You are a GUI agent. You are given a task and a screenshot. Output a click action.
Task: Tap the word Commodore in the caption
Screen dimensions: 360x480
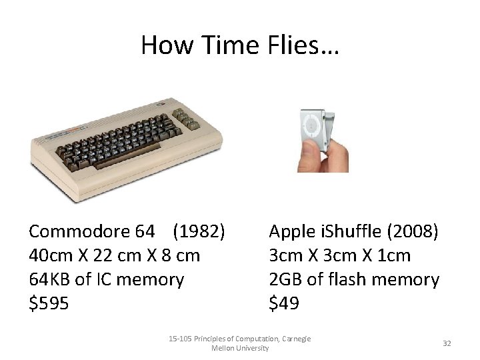pos(81,231)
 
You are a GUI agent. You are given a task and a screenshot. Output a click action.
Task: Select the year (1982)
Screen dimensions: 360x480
pos(199,231)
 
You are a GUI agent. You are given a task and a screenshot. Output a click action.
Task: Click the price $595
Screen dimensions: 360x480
pos(49,303)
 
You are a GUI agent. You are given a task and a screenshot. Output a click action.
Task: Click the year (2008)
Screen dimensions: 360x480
pos(412,231)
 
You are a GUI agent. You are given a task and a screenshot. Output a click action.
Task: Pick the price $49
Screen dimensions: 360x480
pos(284,303)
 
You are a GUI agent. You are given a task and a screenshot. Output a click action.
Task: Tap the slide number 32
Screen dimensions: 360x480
pos(447,343)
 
